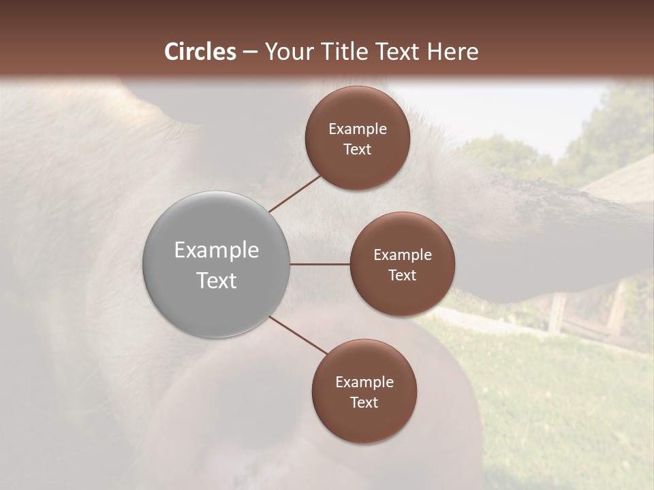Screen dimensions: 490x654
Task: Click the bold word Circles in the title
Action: coord(200,52)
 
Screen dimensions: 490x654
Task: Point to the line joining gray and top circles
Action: coord(295,193)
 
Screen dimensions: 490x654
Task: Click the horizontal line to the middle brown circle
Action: coord(320,264)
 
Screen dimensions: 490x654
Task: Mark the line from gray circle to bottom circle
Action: coord(298,335)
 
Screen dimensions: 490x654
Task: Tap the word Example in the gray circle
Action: coord(216,250)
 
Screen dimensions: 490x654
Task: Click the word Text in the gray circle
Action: coord(216,280)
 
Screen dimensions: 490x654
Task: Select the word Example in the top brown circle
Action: coord(357,129)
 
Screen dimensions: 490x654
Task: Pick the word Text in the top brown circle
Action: coord(357,150)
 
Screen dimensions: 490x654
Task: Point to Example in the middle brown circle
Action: coord(402,255)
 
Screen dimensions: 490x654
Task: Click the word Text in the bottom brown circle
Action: coord(364,403)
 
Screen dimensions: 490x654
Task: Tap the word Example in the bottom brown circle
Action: coord(364,382)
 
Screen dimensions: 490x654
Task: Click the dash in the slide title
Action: coord(250,52)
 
